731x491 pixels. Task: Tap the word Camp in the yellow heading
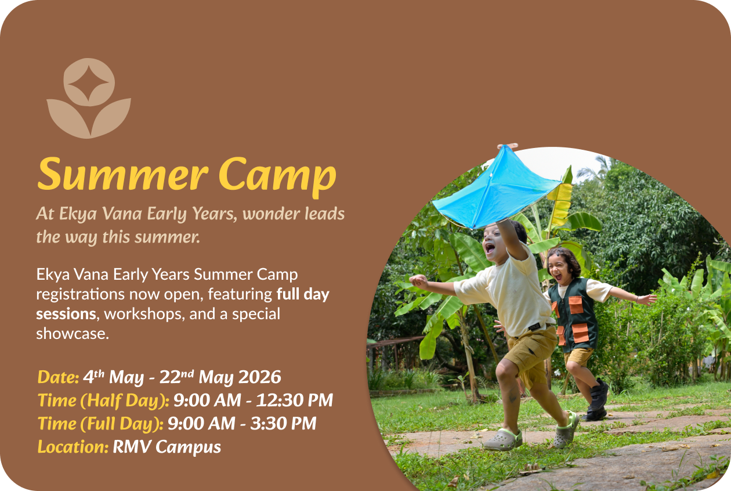277,176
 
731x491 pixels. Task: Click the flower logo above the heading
89,98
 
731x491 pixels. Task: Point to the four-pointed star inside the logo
88,83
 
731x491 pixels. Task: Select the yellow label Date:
58,377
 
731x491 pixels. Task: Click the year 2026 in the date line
259,377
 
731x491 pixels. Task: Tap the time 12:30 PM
294,400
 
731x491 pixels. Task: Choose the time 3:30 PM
283,424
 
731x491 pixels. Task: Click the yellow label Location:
73,447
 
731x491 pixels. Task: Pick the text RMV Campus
167,447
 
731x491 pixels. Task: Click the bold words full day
303,295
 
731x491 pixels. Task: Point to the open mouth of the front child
490,249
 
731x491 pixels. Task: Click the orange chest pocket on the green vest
576,305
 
